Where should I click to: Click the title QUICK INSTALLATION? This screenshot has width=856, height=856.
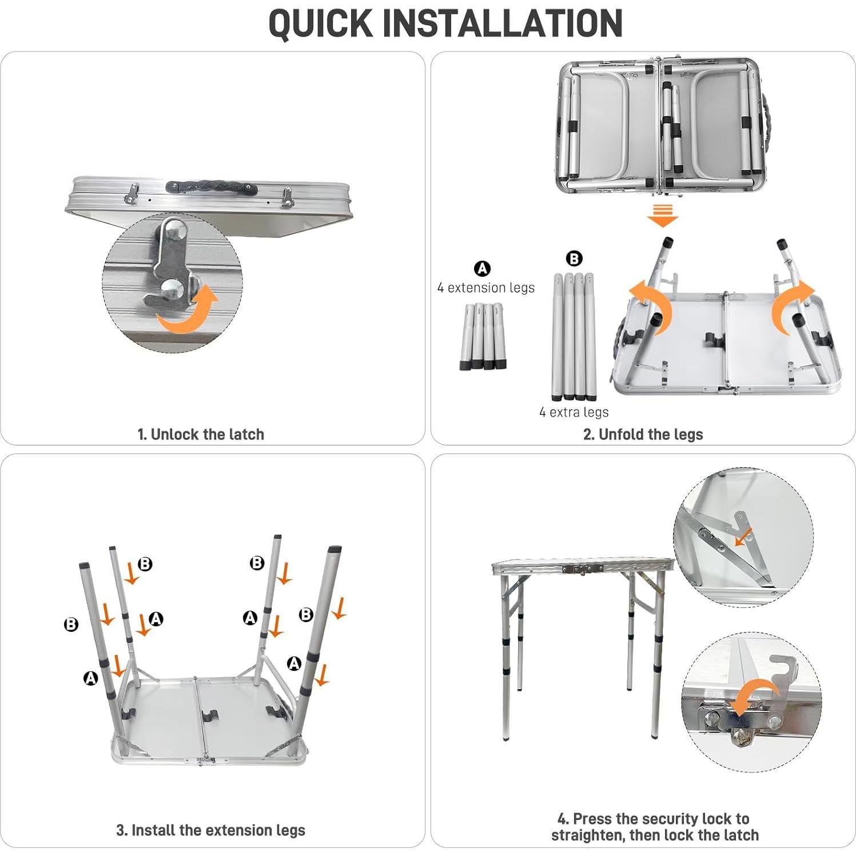coord(445,23)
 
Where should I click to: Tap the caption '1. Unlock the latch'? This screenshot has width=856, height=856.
coord(201,435)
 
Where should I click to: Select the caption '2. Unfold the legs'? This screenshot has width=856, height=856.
coord(643,435)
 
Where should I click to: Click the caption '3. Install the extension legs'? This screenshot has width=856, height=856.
coord(210,830)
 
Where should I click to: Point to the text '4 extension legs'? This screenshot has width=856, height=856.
coord(486,288)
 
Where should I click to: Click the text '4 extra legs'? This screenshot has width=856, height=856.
coord(574,412)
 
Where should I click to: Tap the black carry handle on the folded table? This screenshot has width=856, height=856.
coord(209,188)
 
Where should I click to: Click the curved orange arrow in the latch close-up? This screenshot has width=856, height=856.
coord(189,311)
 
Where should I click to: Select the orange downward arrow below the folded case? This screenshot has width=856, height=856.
coord(662,217)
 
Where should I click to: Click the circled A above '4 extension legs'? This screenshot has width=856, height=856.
coord(483,268)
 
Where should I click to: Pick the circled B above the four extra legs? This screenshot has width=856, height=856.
coord(574,258)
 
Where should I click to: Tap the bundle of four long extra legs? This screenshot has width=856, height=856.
coord(574,337)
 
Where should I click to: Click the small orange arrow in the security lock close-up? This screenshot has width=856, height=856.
coord(744,536)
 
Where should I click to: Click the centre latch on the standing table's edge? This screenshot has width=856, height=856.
coord(582,569)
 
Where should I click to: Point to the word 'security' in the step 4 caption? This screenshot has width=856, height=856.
coord(656,819)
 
